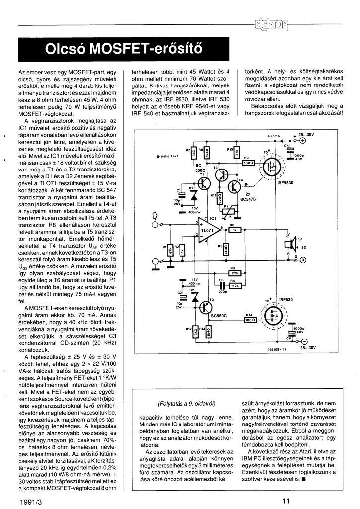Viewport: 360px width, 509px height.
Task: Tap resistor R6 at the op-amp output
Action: tap(232, 230)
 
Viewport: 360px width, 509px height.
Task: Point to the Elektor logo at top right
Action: tap(274, 24)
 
